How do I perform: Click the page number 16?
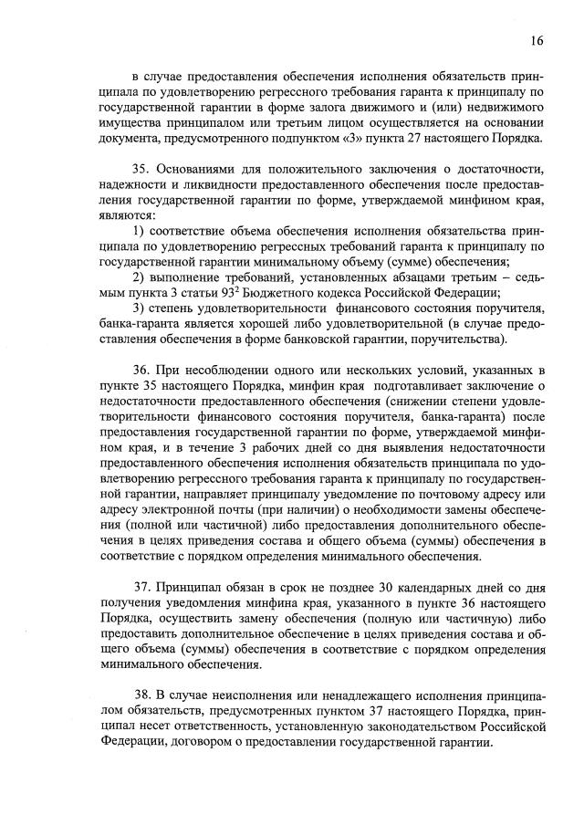coord(536,41)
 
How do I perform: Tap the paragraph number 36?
coord(142,369)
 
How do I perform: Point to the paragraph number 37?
coord(142,583)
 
